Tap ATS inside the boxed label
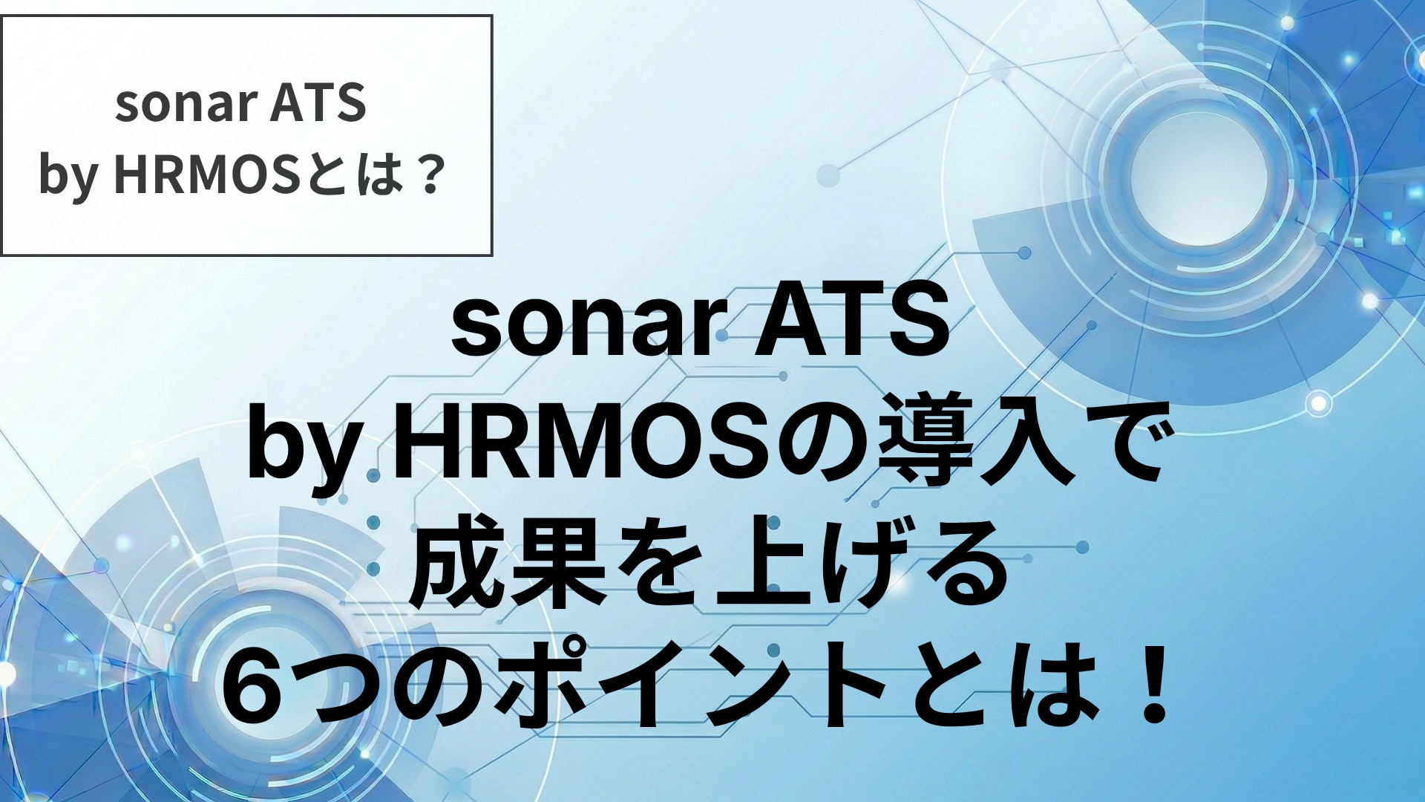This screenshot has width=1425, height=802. (319, 102)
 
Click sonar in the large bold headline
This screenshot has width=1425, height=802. (584, 323)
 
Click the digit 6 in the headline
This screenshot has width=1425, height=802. (260, 687)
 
